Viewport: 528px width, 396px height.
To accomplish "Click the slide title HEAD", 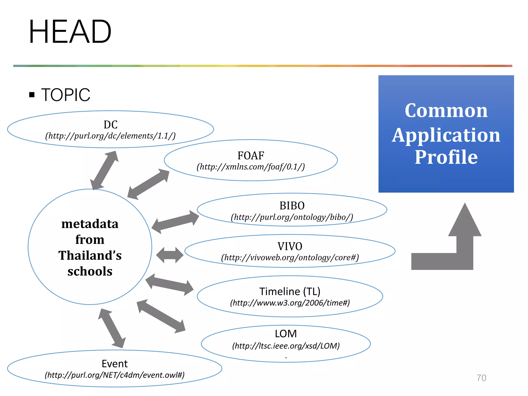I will [70, 32].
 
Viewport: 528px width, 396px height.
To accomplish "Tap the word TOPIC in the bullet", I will [65, 95].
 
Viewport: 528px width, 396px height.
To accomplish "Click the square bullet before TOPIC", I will [32, 95].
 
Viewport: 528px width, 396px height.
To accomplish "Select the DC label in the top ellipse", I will [111, 125].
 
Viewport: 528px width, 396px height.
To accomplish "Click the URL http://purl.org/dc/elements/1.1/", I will [110, 136].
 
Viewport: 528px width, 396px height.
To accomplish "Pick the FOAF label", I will [251, 155].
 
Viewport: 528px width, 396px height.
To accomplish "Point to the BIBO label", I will [292, 205].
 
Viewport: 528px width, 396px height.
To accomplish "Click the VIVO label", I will [290, 246].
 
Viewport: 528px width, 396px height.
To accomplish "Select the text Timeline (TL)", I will [290, 291].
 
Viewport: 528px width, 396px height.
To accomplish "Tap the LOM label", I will [286, 334].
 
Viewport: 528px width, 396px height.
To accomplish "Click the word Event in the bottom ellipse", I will [114, 364].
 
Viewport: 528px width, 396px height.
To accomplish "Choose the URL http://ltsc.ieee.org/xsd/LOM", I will [286, 346].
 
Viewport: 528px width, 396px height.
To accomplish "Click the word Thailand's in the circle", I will [90, 255].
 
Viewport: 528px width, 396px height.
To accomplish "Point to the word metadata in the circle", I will [90, 224].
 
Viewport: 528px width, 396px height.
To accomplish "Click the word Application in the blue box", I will [446, 135].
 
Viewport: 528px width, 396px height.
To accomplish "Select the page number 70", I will [481, 378].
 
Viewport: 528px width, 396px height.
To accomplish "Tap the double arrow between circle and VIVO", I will [170, 255].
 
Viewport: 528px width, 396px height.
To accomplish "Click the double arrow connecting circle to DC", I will [104, 170].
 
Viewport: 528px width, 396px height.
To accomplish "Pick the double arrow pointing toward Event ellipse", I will [112, 328].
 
